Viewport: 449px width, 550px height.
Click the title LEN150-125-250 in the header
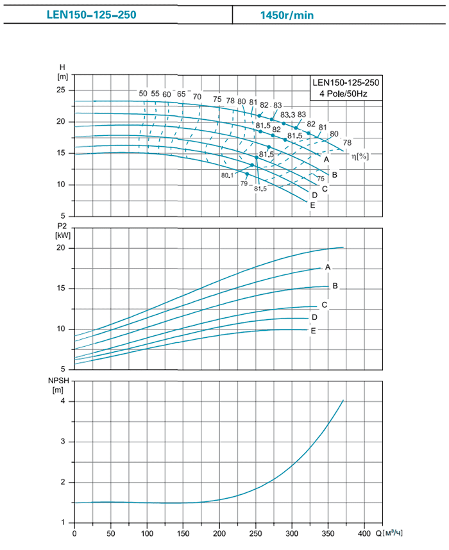point(91,13)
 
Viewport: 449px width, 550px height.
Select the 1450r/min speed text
point(287,13)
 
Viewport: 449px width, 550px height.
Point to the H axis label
point(62,67)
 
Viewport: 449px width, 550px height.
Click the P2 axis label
point(63,225)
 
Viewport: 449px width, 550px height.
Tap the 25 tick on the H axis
point(62,90)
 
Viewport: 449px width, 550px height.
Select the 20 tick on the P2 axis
point(62,248)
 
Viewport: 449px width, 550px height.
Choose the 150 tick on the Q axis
point(183,533)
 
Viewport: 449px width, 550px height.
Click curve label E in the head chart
point(312,205)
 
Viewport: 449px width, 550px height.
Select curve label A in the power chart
point(327,267)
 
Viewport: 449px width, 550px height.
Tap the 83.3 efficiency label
point(287,115)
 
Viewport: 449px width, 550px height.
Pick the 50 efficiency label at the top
point(142,94)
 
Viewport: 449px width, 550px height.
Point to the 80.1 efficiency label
point(226,175)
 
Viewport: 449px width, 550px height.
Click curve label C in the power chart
point(325,304)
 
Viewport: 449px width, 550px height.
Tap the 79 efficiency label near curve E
point(244,184)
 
